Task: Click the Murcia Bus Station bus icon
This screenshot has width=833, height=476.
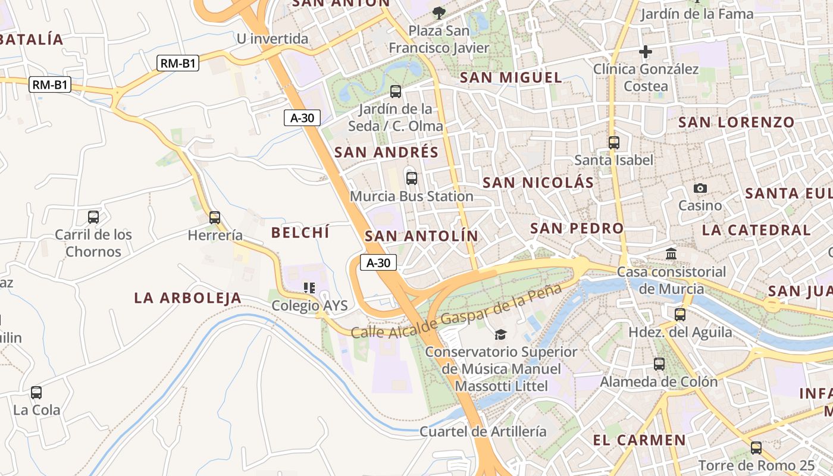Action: [411, 178]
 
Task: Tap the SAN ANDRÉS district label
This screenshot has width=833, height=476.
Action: [386, 152]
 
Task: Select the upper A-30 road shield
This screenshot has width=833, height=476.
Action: [302, 118]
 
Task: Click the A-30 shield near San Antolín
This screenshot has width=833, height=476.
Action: [378, 262]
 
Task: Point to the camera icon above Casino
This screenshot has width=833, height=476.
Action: [700, 188]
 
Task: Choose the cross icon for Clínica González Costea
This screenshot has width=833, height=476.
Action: [646, 52]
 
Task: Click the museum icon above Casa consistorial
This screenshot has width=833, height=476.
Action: [672, 254]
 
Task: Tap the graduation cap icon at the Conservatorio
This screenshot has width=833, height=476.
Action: [501, 334]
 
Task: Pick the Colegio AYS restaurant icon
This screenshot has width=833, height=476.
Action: [309, 288]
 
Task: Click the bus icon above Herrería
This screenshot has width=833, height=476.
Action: [215, 218]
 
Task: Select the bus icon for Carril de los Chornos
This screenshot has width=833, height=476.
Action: [93, 217]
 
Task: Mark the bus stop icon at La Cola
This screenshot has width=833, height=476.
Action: [36, 393]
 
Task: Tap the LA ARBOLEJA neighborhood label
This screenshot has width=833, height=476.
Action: [188, 297]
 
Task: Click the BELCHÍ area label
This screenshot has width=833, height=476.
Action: [300, 233]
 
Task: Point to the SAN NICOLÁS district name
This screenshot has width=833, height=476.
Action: [538, 183]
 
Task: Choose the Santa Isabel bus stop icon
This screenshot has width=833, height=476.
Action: [614, 143]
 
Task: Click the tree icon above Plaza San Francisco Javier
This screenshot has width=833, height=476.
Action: [439, 12]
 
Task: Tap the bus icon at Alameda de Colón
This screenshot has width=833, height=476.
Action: [659, 364]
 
